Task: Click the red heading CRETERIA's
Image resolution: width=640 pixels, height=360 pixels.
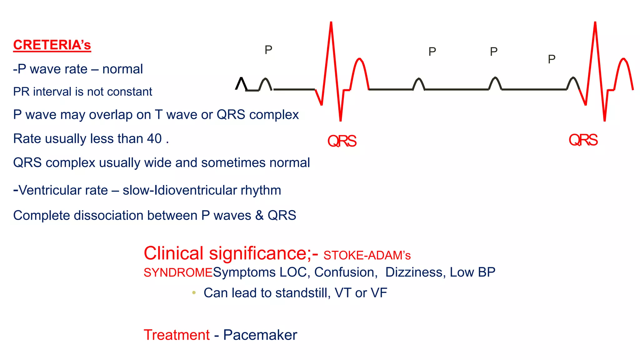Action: pyautogui.click(x=52, y=45)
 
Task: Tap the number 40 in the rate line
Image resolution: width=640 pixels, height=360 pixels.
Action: pyautogui.click(x=154, y=139)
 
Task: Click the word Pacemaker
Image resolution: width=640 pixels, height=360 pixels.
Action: pyautogui.click(x=260, y=335)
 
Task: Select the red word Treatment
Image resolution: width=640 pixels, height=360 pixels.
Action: pyautogui.click(x=177, y=335)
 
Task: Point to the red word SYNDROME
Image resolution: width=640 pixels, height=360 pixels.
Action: pyautogui.click(x=178, y=272)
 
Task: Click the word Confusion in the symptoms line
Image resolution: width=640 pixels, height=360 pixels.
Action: pyautogui.click(x=344, y=272)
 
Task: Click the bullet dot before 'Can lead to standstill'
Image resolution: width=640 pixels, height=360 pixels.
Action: pyautogui.click(x=194, y=293)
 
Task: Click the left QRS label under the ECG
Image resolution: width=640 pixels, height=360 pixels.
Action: pyautogui.click(x=342, y=141)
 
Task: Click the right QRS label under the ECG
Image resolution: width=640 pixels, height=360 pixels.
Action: pyautogui.click(x=583, y=140)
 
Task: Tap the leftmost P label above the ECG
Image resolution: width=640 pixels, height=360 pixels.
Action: pyautogui.click(x=268, y=50)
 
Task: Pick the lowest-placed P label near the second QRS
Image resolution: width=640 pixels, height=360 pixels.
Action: pyautogui.click(x=552, y=59)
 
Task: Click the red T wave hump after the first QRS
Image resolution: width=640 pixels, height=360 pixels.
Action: pyautogui.click(x=360, y=61)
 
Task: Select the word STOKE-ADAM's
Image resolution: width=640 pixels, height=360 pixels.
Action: pyautogui.click(x=367, y=256)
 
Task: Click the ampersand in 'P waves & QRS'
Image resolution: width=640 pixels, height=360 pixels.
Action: pyautogui.click(x=259, y=216)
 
